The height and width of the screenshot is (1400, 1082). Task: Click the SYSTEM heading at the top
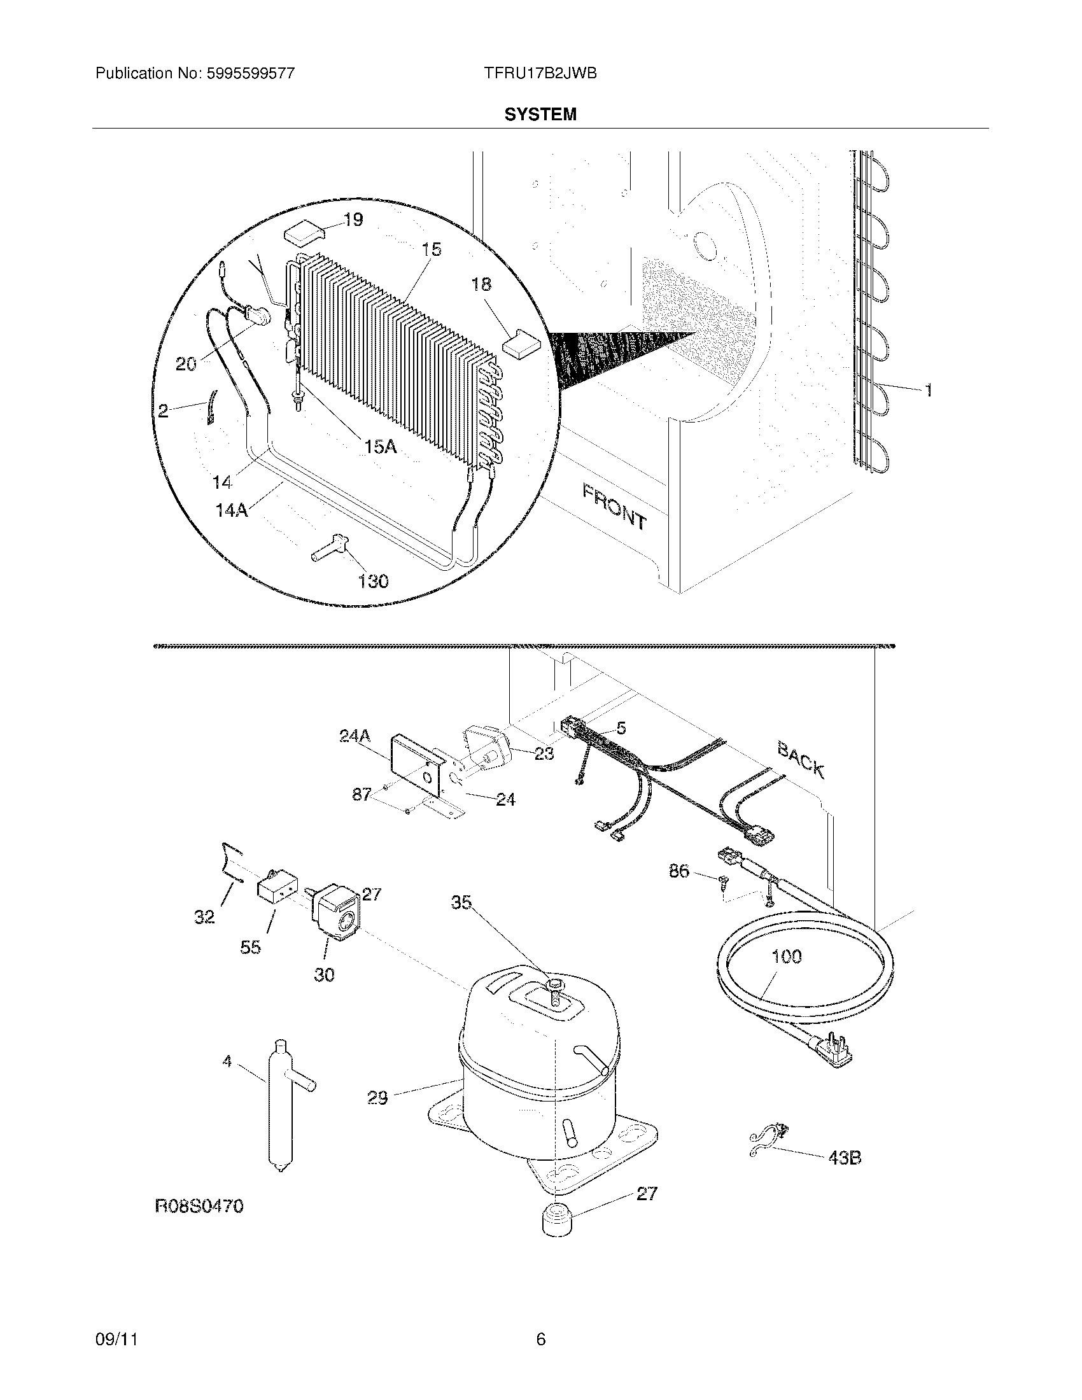[x=540, y=114]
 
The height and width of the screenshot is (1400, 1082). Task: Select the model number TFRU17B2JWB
[x=540, y=74]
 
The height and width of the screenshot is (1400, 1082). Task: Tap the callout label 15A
[x=381, y=446]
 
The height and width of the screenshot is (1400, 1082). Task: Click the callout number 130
[x=373, y=581]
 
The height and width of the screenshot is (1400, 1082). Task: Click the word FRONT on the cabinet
[x=614, y=506]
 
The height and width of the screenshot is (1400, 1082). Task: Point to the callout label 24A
[x=355, y=736]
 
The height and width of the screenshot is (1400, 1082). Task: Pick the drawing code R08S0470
[x=199, y=1207]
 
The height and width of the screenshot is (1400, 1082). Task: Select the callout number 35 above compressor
[x=461, y=902]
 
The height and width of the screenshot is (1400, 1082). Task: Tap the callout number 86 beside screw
[x=679, y=871]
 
